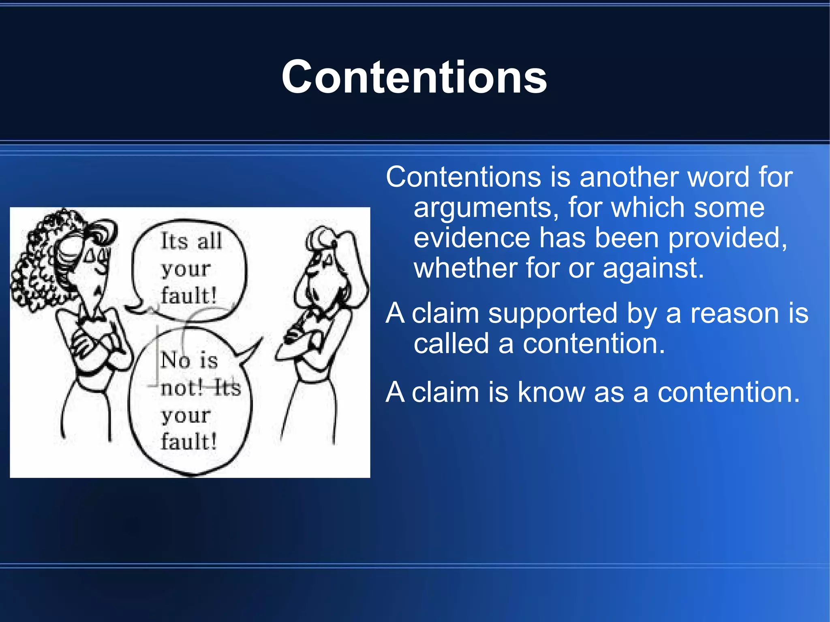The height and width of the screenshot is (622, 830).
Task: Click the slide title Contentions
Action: (414, 77)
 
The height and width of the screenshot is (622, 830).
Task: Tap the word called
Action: (451, 344)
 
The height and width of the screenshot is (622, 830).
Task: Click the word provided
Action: (727, 238)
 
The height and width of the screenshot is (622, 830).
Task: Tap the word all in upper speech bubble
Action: (210, 241)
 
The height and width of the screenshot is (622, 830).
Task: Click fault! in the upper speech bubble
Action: (189, 295)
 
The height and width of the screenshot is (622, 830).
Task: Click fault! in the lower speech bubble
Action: (189, 441)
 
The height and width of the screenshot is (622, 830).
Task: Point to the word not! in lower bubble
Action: (181, 388)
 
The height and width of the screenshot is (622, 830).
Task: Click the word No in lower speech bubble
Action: (175, 360)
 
